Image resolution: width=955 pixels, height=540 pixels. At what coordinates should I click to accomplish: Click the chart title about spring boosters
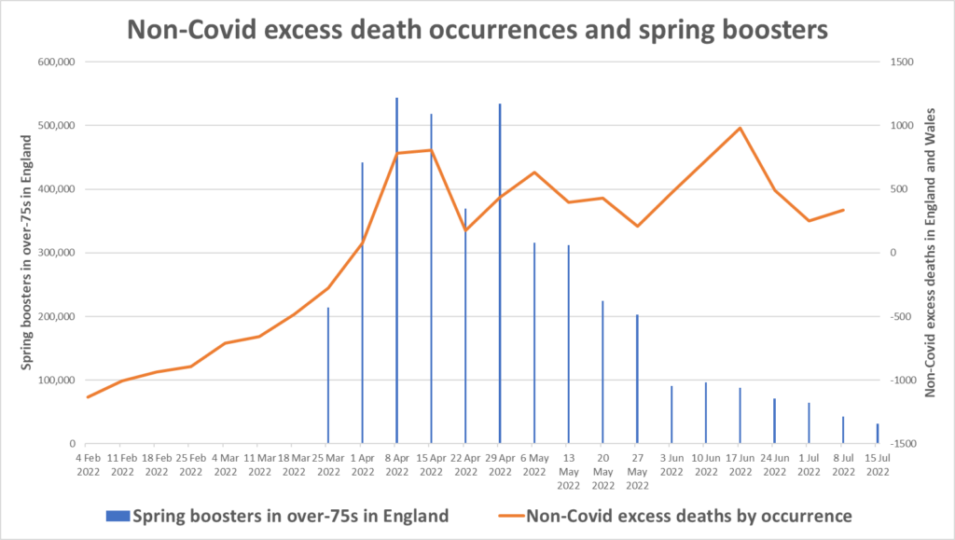click(x=477, y=29)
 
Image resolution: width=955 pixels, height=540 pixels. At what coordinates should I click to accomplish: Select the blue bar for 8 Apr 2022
click(x=396, y=270)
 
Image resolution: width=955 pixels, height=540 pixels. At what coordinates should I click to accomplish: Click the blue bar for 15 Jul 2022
click(x=878, y=434)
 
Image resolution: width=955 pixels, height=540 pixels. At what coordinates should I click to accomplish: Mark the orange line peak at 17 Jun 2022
click(x=740, y=128)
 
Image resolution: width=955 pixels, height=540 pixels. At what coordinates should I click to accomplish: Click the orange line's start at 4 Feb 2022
click(x=87, y=397)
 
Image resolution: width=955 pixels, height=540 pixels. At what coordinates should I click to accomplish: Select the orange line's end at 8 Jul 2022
click(x=843, y=210)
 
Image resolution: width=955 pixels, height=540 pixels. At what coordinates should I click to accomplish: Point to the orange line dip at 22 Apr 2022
click(x=465, y=230)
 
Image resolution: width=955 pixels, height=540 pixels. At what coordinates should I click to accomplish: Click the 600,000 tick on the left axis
click(x=57, y=62)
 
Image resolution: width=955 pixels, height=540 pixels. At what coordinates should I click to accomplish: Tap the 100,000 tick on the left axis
click(x=57, y=381)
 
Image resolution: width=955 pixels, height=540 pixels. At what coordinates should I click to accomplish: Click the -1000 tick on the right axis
click(x=901, y=381)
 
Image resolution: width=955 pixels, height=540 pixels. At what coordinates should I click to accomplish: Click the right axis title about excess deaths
click(x=929, y=252)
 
